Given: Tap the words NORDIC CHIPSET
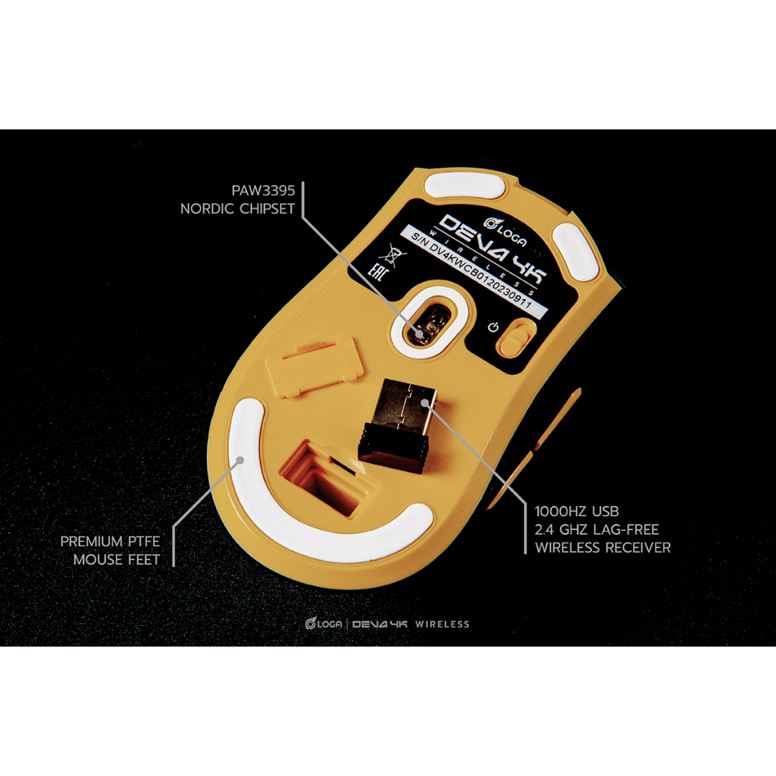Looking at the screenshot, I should (236, 208).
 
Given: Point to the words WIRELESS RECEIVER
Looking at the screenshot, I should (602, 547).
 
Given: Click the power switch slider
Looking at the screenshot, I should (515, 335).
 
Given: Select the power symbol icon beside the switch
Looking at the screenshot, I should (493, 327).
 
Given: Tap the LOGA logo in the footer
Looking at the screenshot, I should (321, 624).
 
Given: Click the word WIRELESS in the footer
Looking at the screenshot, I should (442, 624).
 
